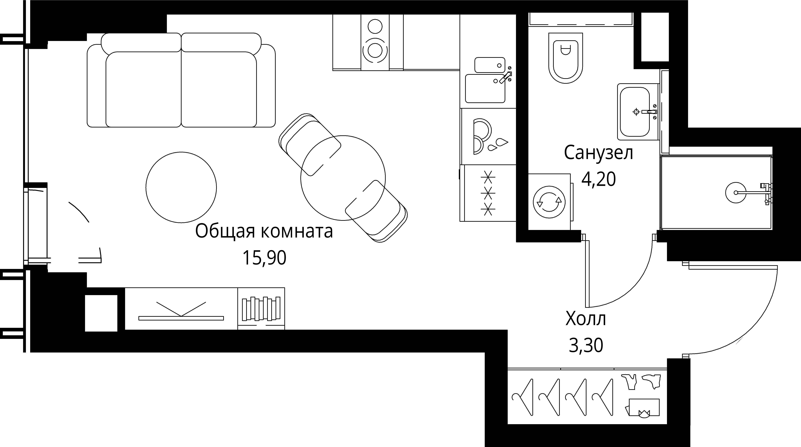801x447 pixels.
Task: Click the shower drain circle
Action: click(x=736, y=192)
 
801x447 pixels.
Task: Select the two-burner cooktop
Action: click(x=375, y=43)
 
